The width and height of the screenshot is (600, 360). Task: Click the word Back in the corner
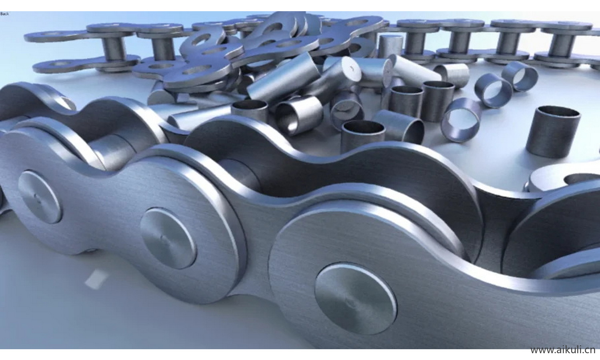pyautogui.click(x=4, y=14)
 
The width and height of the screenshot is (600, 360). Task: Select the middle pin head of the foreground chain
pyautogui.click(x=168, y=238)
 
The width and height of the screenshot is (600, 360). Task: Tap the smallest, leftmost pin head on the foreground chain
pyautogui.click(x=40, y=197)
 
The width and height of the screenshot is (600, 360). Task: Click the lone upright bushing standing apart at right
pyautogui.click(x=553, y=131)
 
